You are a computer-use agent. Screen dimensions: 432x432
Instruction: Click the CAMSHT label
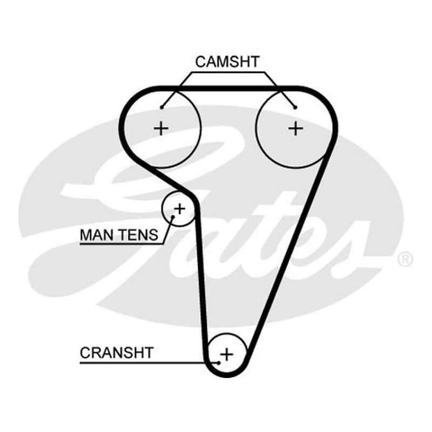[227, 62]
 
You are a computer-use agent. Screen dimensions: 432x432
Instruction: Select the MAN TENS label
[119, 235]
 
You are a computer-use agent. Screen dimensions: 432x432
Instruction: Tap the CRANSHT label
[117, 353]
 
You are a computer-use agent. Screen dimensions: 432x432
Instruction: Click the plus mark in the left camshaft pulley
[161, 129]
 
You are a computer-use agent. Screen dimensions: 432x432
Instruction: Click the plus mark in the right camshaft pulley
[295, 129]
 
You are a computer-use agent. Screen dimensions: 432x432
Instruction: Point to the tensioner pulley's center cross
[180, 209]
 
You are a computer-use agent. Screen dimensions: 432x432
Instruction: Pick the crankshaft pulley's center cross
[227, 354]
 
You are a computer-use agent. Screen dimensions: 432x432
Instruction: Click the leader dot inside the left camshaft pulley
[161, 107]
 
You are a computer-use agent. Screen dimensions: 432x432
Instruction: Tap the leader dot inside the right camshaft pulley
[295, 107]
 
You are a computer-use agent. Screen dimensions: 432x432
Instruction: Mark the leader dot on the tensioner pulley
[173, 217]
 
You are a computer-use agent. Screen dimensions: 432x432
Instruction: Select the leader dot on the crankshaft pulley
[219, 363]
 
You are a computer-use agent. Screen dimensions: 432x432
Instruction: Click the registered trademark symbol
[405, 259]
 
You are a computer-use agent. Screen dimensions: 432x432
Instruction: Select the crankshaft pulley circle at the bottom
[227, 333]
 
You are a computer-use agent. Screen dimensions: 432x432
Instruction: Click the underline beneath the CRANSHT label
[149, 363]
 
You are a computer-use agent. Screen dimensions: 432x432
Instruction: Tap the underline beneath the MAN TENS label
[122, 244]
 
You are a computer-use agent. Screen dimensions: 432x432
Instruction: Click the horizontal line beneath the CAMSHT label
[228, 72]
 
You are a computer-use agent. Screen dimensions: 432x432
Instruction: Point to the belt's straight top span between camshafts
[228, 89]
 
